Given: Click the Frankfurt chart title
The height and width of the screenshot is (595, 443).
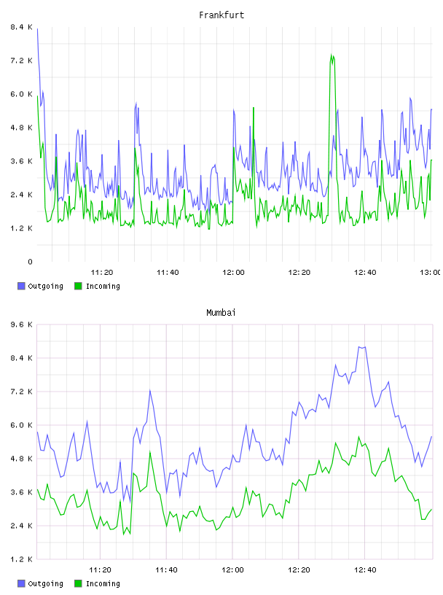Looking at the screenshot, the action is pyautogui.click(x=221, y=15).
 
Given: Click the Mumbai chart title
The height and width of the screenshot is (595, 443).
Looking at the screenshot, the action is pyautogui.click(x=221, y=313).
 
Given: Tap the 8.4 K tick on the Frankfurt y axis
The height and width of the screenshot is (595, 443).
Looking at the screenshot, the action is pyautogui.click(x=22, y=27).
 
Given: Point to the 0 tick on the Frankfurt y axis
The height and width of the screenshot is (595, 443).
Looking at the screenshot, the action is pyautogui.click(x=30, y=262).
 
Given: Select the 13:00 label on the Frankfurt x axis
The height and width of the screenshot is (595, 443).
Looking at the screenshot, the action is pyautogui.click(x=430, y=273).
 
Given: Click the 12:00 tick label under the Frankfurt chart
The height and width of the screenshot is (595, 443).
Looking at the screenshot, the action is pyautogui.click(x=233, y=273).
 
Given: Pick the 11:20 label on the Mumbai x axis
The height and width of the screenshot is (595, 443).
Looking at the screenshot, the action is pyautogui.click(x=100, y=570).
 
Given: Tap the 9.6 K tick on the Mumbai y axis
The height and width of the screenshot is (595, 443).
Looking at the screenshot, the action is pyautogui.click(x=22, y=324).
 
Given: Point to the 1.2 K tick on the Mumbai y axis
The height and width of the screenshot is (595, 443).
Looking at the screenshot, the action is pyautogui.click(x=22, y=559).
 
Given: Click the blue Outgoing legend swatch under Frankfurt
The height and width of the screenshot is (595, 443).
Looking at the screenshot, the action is pyautogui.click(x=21, y=286).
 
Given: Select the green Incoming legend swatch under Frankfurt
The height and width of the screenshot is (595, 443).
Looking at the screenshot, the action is pyautogui.click(x=78, y=286).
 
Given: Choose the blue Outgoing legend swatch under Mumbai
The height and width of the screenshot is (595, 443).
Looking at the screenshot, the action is pyautogui.click(x=21, y=583).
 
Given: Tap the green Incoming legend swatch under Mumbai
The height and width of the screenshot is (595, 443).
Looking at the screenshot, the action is pyautogui.click(x=78, y=583).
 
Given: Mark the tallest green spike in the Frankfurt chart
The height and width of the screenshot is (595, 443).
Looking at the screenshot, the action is pyautogui.click(x=332, y=55).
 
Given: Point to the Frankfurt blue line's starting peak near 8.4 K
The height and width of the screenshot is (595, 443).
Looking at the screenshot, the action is pyautogui.click(x=37, y=29).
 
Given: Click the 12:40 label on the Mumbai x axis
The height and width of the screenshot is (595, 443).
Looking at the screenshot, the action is pyautogui.click(x=365, y=570).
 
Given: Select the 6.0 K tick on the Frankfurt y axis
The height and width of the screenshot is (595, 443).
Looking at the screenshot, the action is pyautogui.click(x=22, y=94).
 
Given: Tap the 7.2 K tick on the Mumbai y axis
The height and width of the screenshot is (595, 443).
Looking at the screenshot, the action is pyautogui.click(x=22, y=392).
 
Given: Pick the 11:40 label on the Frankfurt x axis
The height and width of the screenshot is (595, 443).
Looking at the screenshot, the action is pyautogui.click(x=168, y=273).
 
